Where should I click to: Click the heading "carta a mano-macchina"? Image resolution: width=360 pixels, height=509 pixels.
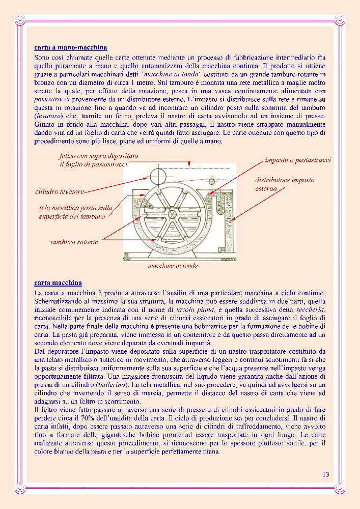tap(70, 48)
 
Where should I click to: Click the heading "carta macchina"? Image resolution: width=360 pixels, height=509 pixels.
tap(58, 283)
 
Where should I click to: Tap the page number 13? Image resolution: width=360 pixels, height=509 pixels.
tap(326, 474)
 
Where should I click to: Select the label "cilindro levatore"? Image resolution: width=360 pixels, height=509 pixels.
tap(60, 191)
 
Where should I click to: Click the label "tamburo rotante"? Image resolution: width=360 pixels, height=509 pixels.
tap(74, 242)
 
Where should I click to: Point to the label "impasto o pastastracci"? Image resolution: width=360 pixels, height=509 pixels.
tap(298, 160)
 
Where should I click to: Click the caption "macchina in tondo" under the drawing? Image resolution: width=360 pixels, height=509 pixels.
tap(173, 266)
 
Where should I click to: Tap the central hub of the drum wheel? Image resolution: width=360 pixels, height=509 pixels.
tap(171, 215)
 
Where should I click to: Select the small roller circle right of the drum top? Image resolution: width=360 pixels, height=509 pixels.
tap(212, 181)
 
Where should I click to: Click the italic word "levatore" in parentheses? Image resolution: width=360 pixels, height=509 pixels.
tap(48, 116)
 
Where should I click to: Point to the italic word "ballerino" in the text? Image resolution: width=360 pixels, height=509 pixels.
tap(109, 385)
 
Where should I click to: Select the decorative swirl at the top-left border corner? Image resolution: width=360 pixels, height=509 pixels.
tap(20, 20)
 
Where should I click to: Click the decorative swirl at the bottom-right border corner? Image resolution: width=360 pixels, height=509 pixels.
tap(340, 488)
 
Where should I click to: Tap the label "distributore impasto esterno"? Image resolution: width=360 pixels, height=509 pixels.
tap(285, 184)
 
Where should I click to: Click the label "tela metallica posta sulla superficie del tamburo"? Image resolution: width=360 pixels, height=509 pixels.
tap(76, 212)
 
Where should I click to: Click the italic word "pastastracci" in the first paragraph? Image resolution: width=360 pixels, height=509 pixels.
tap(52, 99)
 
